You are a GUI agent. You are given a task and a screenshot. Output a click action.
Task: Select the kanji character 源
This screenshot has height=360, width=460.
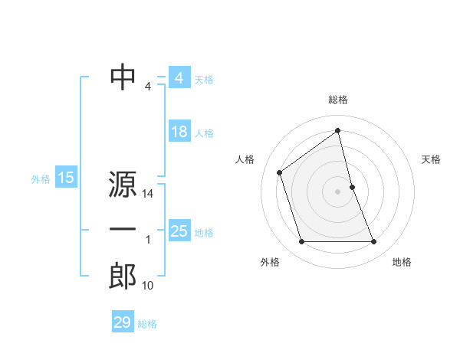coord(123,185)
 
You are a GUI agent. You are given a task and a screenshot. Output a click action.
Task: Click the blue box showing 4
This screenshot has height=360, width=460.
coord(179,78)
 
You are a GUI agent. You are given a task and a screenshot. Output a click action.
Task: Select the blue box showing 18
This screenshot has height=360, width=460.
coord(179,132)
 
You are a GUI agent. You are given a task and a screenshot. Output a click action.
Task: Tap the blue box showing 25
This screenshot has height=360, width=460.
coord(179,231)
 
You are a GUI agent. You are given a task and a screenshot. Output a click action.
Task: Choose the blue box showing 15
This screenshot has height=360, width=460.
coord(65,178)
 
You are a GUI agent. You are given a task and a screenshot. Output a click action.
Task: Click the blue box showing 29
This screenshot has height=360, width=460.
coord(123,322)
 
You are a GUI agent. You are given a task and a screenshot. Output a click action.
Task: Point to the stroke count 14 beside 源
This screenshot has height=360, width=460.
coord(149,195)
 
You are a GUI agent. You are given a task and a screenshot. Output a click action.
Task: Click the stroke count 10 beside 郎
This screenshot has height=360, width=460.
coord(148,286)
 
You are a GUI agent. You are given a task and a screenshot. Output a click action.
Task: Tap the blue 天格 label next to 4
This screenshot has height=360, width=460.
coord(204,80)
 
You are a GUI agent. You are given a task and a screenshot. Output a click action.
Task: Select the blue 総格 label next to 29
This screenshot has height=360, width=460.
coord(147,324)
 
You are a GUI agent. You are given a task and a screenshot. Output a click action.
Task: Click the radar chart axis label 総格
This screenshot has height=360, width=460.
coord(338,100)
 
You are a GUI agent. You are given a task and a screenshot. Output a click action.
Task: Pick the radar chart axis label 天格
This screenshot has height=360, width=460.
coord(432,159)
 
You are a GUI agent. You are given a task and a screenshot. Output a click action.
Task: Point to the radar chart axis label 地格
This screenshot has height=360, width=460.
coord(402,263)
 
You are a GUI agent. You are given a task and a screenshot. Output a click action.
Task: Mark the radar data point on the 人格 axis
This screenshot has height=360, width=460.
coord(280,172)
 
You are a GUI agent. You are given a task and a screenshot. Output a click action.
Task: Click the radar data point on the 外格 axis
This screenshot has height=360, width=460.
coord(302,242)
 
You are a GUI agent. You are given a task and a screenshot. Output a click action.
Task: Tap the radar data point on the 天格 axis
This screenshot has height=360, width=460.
coord(352,187)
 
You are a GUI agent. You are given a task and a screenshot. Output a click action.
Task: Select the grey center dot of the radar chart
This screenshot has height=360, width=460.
coord(338,191)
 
